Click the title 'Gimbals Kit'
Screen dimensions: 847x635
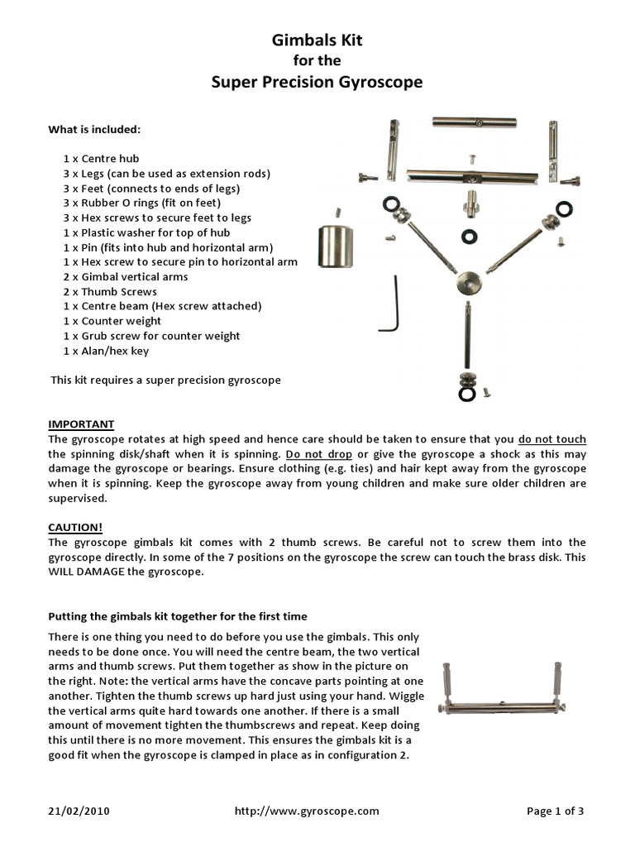coord(317,40)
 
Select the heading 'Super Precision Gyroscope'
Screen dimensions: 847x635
coord(317,82)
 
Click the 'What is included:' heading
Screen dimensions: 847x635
coord(94,129)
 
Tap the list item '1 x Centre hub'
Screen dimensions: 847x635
coord(101,158)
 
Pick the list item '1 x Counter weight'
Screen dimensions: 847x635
coord(112,321)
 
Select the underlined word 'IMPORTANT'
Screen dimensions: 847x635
coord(81,424)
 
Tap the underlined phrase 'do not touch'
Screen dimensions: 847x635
coord(552,439)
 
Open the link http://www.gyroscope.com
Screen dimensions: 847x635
coord(307,811)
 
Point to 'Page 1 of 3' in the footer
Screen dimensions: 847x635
coord(555,811)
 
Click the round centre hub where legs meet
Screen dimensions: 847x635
coord(467,284)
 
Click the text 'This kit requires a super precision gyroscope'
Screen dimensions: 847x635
coord(165,380)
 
